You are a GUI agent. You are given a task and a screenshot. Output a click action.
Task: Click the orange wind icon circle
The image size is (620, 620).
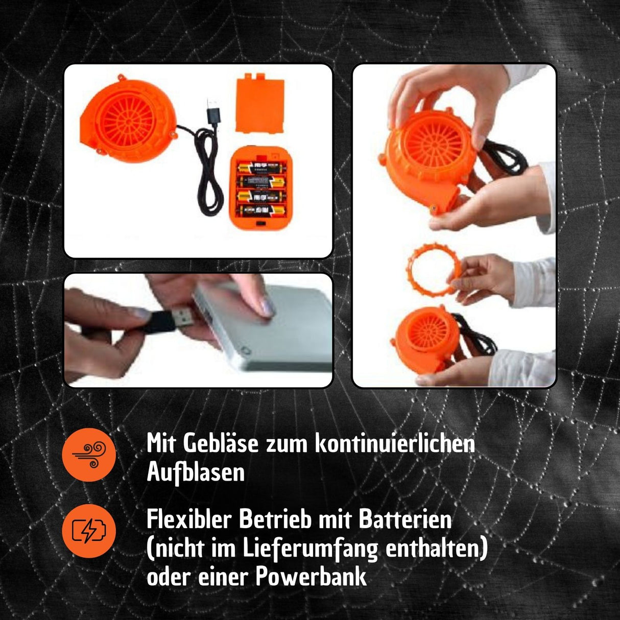[x=89, y=455]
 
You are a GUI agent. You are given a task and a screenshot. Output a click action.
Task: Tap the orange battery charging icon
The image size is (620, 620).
[x=89, y=531]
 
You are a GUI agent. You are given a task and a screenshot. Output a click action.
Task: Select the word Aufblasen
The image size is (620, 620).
[x=196, y=472]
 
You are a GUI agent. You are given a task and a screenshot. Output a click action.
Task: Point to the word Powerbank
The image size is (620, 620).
[x=311, y=577]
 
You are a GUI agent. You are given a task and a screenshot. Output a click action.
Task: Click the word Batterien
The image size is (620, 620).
[x=406, y=520]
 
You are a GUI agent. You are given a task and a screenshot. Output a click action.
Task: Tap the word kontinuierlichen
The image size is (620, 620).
[x=394, y=443]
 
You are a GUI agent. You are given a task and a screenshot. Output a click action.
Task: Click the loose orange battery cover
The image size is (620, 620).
[x=260, y=103]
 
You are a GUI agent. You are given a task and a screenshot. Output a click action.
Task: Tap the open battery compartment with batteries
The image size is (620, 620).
[x=260, y=189]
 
